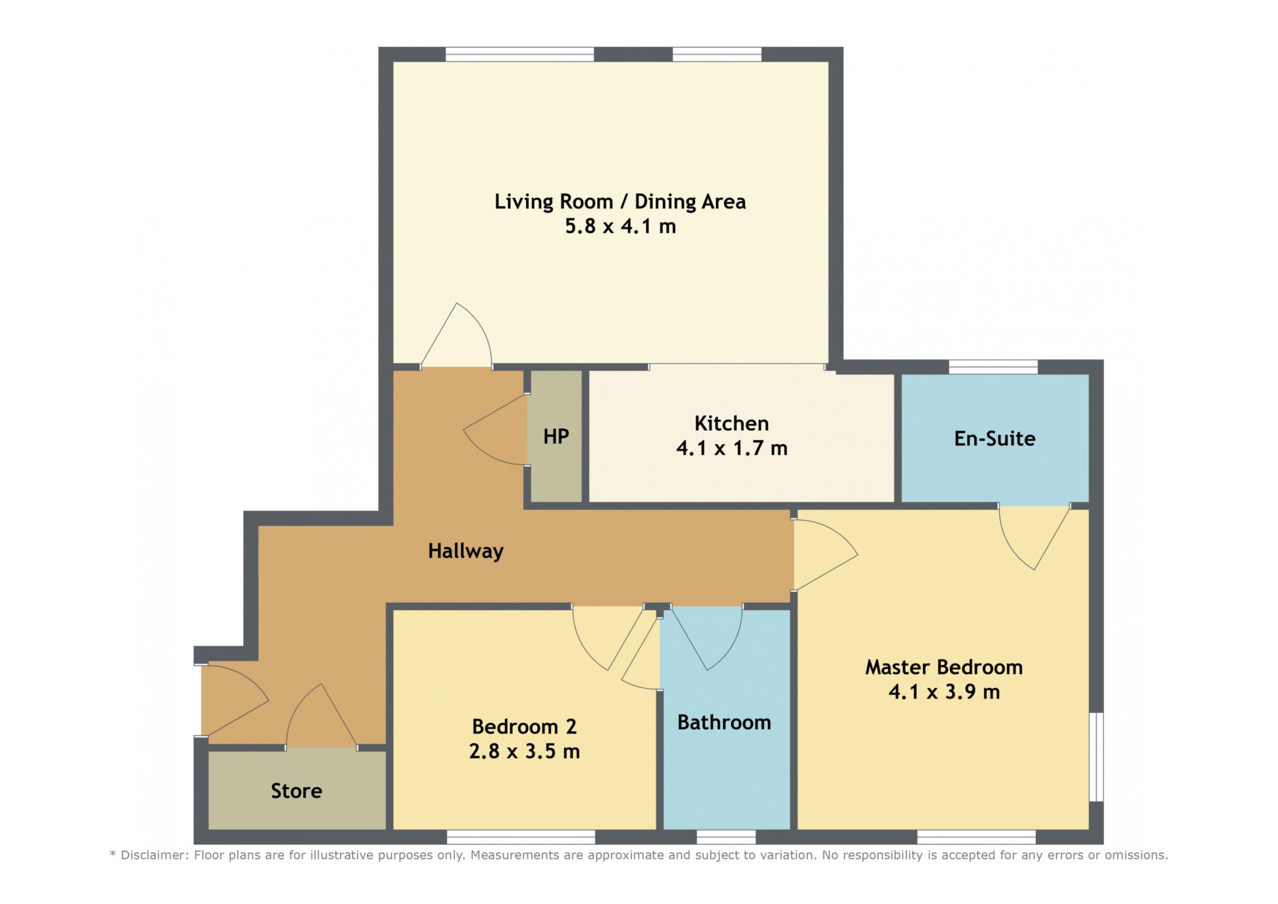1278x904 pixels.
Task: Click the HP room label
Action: coord(556,436)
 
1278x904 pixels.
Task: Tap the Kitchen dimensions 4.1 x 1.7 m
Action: coord(732,448)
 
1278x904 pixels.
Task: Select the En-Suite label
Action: coord(995,438)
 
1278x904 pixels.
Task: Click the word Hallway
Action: coord(466,551)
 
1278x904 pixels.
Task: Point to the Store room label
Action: coord(296,791)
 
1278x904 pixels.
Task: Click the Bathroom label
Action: coord(724,722)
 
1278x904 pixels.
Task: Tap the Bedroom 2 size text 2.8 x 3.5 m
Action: coord(524,751)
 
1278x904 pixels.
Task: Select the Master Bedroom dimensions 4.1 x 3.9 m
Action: coord(944,692)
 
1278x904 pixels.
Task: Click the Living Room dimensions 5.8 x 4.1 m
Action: coord(620,226)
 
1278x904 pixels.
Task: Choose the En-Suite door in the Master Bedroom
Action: coord(1035,537)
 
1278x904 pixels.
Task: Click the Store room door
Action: coord(321,716)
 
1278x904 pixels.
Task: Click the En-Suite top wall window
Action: coord(993,367)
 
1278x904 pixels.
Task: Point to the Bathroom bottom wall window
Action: coord(726,837)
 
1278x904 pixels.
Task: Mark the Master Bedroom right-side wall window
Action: coord(1096,757)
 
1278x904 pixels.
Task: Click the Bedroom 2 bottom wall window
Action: coord(521,837)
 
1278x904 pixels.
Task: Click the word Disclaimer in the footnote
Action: coord(154,855)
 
